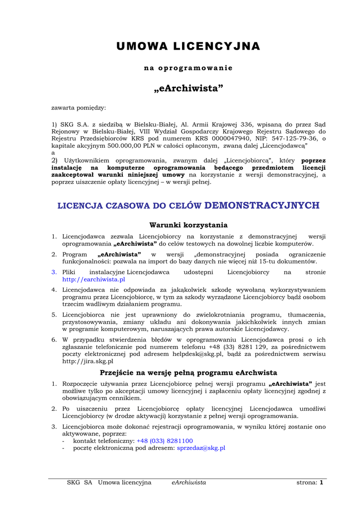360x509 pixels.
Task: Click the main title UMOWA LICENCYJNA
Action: (188, 46)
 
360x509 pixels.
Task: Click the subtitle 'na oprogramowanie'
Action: (188, 68)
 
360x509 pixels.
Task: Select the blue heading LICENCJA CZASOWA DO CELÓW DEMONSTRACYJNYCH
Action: (188, 205)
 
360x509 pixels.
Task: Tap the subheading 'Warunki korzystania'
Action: (188, 225)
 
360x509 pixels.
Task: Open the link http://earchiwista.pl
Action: (93, 279)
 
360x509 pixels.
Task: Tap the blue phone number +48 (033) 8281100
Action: (165, 440)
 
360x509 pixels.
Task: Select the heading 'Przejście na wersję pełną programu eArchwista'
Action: (188, 372)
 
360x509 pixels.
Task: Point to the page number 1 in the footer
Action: (322, 482)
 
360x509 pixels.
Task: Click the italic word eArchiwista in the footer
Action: (188, 482)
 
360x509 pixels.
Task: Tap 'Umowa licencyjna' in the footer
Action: (124, 482)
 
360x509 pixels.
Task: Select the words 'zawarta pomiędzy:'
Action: (79, 107)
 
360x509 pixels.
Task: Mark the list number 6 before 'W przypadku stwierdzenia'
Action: (54, 339)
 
